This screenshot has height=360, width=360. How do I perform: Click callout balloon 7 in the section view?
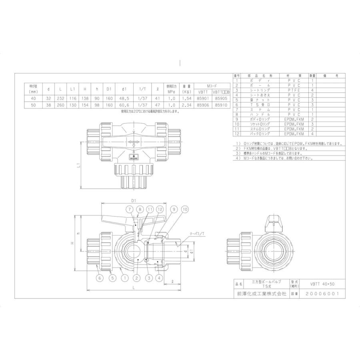(x=130, y=209)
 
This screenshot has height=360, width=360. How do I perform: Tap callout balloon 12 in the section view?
(x=160, y=209)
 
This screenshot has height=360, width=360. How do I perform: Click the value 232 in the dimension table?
(x=60, y=98)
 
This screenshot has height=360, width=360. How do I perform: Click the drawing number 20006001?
(x=321, y=293)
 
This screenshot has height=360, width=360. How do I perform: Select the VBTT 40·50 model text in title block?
(x=321, y=284)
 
